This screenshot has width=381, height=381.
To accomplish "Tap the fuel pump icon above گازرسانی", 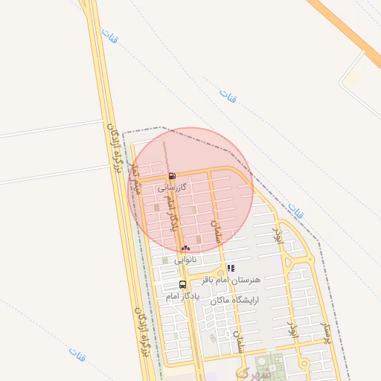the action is (173, 176).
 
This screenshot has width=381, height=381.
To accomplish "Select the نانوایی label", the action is (186, 260).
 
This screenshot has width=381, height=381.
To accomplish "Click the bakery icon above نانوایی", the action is (185, 247).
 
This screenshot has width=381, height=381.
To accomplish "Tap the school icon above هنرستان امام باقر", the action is (231, 268).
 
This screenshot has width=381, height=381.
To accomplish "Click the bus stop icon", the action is (182, 284).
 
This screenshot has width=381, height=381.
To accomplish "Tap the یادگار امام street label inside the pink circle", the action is (173, 213).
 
